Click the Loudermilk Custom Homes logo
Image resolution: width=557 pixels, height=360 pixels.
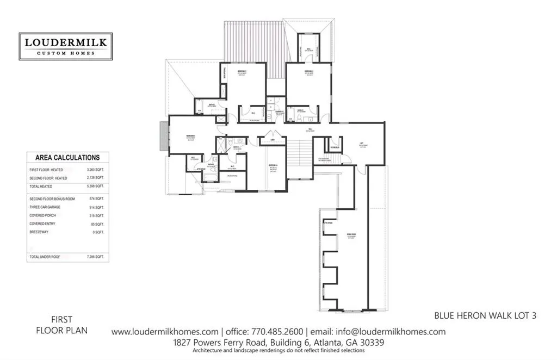coord(65,46)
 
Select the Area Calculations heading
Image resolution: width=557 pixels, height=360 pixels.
coord(67,158)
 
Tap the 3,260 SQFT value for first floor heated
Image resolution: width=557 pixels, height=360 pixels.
coord(95,170)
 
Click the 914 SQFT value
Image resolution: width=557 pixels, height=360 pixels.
coord(96,208)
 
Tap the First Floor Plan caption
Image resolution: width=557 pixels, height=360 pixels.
coord(61,325)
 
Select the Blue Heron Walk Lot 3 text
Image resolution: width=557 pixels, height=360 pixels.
coord(485,315)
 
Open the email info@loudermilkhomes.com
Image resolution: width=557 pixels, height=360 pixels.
coord(391,332)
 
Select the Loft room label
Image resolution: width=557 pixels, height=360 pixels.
coord(361,144)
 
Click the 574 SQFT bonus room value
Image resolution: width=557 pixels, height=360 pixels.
coord(96,200)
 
